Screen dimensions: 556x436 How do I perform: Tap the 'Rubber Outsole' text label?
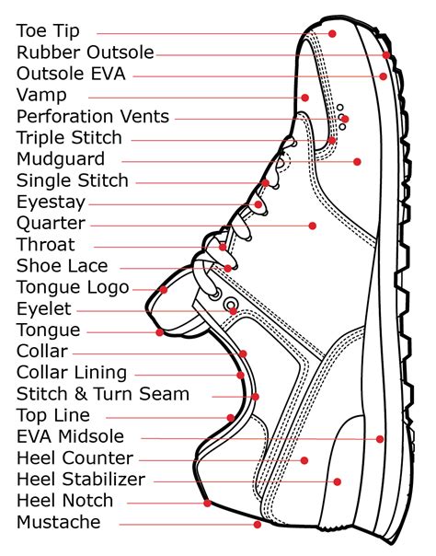(x=85, y=52)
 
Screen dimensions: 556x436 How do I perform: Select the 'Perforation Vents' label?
(x=93, y=117)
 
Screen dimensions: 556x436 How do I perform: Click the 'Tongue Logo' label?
(x=73, y=287)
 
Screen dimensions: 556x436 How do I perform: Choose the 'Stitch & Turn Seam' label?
(x=103, y=394)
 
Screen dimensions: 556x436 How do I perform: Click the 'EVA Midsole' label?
(x=70, y=436)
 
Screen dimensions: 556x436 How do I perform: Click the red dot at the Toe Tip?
(x=333, y=33)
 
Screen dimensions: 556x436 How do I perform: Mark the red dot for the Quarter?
(x=313, y=225)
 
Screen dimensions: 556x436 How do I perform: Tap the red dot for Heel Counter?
(x=304, y=459)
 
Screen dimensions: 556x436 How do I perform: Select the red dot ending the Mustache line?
(x=258, y=525)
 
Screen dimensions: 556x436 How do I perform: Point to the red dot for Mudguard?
(x=357, y=161)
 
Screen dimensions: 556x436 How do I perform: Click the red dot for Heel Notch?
(x=208, y=503)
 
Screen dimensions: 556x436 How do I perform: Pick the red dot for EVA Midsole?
(x=379, y=439)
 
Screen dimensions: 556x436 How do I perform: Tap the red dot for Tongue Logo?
(x=164, y=289)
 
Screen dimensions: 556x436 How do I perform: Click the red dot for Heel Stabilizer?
(x=338, y=481)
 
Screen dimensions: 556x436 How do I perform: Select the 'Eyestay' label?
(x=51, y=202)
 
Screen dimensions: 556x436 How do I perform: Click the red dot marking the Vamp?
(x=304, y=97)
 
